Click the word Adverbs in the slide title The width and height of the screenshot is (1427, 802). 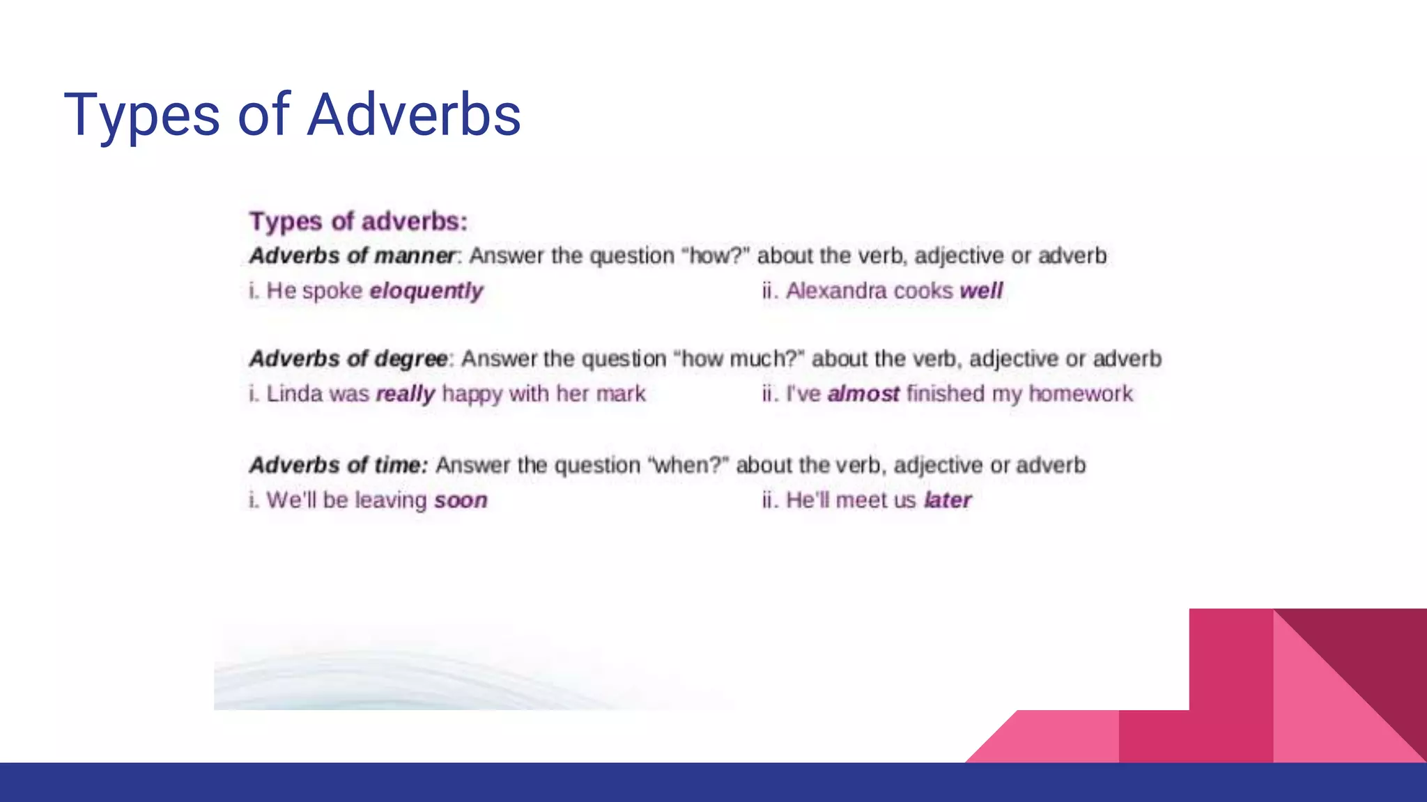click(414, 115)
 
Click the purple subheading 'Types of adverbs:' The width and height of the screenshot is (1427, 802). click(358, 221)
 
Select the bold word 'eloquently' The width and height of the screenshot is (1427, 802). click(426, 290)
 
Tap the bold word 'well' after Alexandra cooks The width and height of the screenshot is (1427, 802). click(981, 290)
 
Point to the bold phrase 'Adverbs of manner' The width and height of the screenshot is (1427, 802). click(352, 255)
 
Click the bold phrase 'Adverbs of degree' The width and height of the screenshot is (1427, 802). click(348, 359)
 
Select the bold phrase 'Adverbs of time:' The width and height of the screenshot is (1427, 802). click(339, 464)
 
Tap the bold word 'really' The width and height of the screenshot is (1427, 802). click(405, 394)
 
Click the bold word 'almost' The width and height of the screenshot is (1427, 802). click(863, 394)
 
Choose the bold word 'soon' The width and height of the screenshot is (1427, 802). click(461, 500)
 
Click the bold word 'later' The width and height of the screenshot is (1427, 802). click(948, 500)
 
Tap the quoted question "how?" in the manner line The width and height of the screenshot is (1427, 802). click(718, 255)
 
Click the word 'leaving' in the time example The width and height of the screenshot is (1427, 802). click(390, 500)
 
